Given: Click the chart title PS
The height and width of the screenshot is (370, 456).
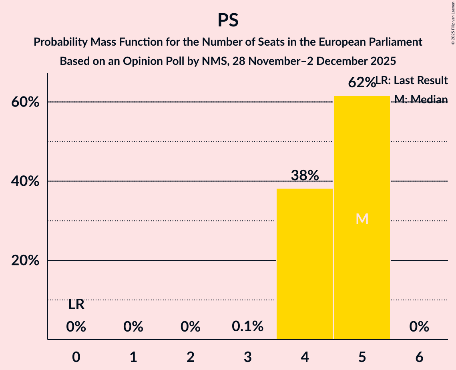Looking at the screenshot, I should [x=228, y=20].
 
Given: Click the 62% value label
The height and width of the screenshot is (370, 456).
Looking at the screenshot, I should [x=362, y=82].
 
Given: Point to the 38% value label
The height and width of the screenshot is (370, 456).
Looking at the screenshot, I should [x=305, y=175].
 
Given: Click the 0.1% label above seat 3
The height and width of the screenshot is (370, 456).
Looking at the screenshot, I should [x=247, y=327].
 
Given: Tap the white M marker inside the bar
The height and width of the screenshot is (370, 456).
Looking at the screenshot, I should [x=362, y=219].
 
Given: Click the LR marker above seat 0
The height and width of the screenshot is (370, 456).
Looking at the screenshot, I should [x=76, y=305].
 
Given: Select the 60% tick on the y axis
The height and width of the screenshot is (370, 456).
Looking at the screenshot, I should [x=25, y=102].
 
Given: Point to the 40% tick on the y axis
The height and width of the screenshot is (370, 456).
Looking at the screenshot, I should [x=25, y=181].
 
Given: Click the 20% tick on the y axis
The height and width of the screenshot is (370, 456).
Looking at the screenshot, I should [x=25, y=261].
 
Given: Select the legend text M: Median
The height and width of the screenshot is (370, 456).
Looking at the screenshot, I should [x=421, y=99].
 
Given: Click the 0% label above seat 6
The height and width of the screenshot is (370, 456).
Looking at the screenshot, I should [x=419, y=327].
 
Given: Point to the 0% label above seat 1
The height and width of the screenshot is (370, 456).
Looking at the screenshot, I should [x=133, y=327].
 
